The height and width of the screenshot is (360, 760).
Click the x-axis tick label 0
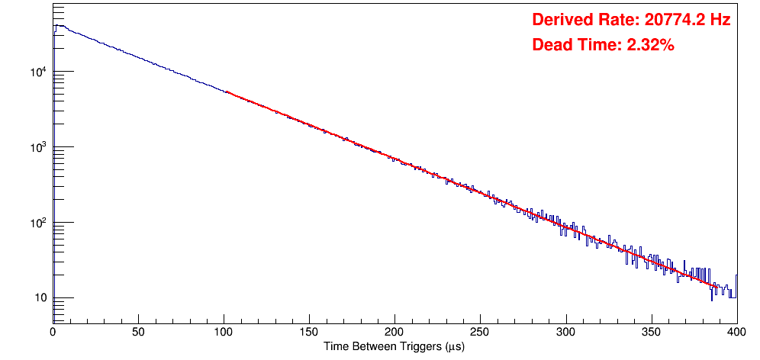pos(53,331)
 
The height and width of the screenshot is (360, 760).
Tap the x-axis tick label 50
pos(138,331)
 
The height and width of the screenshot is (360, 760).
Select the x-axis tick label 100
pos(224,331)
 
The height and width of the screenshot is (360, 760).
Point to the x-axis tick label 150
pos(309,331)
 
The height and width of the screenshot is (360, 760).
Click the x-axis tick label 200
pos(394,331)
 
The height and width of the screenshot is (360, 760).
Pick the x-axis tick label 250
pos(480,331)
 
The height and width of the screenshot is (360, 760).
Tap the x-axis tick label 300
pos(565,331)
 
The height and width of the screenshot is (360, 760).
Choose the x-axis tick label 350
pos(651,331)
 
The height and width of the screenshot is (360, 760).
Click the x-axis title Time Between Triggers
pos(394,346)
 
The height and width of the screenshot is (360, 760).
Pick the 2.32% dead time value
pos(650,46)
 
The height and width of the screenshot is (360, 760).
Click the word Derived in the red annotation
pos(560,21)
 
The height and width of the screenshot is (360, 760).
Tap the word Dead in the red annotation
pos(550,46)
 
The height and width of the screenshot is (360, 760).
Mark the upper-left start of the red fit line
pos(226,92)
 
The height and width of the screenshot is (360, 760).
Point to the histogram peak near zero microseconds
pos(56,25)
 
